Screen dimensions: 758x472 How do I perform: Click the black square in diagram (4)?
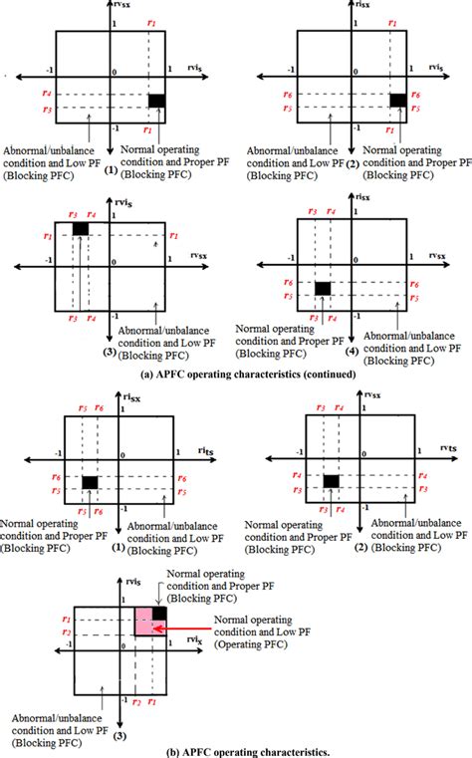click(323, 289)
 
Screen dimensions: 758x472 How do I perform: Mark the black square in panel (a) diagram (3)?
click(81, 230)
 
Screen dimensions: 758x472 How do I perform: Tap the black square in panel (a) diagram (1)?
click(157, 100)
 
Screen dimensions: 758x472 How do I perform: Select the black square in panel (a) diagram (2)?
click(398, 100)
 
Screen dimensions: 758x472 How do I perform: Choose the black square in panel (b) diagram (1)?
click(90, 482)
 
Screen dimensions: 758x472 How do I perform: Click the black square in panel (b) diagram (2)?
click(332, 481)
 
